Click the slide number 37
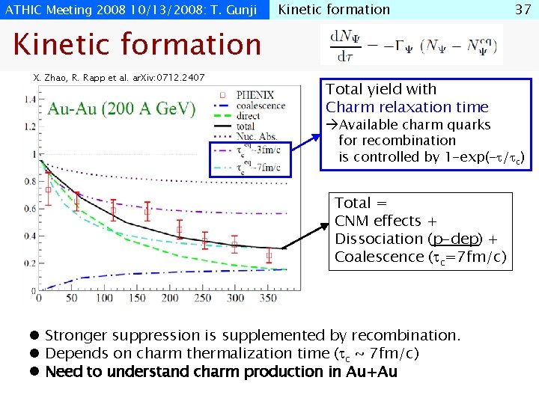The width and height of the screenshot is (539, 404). point(522,10)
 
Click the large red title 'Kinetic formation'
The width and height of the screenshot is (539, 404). point(137,45)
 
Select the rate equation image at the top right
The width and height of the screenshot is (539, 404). point(411,45)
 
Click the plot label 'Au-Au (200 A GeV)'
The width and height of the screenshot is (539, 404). point(122,108)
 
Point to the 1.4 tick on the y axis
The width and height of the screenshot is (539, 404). point(31,99)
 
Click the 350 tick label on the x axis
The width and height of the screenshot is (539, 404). point(268,298)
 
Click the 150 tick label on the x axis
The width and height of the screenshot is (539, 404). point(138,298)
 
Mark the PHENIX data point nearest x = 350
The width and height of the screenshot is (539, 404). point(269,256)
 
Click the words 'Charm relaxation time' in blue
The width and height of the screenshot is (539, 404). point(406,107)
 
